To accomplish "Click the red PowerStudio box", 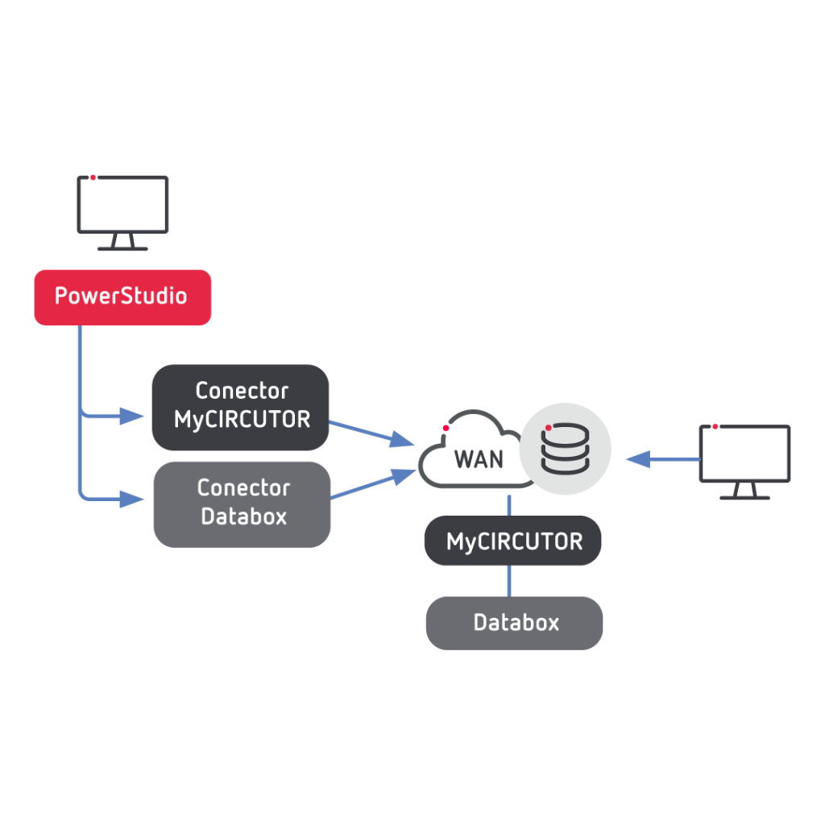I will tap(122, 296).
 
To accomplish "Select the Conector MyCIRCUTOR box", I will tap(240, 406).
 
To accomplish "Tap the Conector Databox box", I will tap(242, 503).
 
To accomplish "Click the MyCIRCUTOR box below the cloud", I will tap(513, 541).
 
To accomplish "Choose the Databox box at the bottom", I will tap(515, 623).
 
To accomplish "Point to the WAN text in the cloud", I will tap(479, 459).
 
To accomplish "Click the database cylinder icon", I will tap(565, 448).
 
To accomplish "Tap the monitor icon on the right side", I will tap(744, 454).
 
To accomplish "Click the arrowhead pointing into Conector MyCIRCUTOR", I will tap(132, 417).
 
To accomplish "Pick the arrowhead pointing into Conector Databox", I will tap(132, 500).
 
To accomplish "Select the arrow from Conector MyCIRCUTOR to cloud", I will tap(371, 433).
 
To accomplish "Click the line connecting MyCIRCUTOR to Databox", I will tap(508, 581).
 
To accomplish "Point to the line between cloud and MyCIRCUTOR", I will tap(509, 504).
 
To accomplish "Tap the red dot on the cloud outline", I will tap(446, 428).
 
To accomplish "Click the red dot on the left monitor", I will tap(93, 177).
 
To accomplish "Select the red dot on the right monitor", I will tap(715, 426).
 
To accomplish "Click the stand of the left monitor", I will tap(122, 243).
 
